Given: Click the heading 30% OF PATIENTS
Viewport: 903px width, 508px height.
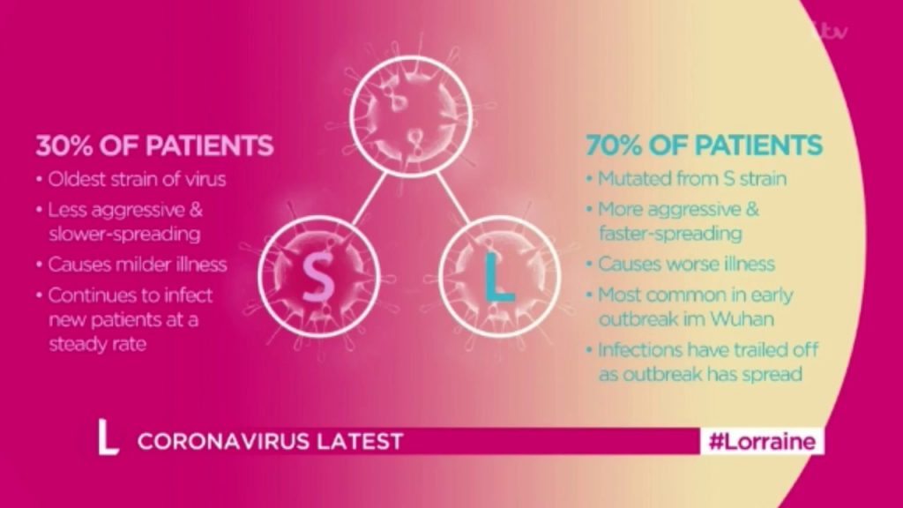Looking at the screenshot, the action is [x=154, y=146].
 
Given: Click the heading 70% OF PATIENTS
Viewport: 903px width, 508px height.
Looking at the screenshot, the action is [x=704, y=146].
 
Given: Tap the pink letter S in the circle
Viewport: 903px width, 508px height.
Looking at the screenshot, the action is [x=317, y=278].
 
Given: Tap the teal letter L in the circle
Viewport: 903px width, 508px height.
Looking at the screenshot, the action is [x=498, y=278].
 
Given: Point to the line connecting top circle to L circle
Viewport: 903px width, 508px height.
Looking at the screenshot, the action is [x=453, y=197].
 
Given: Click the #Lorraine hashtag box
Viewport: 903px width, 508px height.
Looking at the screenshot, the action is [x=762, y=441].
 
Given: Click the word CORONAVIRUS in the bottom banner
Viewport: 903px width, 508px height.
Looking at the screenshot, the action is [x=222, y=441].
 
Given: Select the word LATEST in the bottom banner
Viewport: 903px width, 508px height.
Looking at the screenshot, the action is [x=360, y=441].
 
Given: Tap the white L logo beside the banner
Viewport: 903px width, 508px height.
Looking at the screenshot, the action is [x=107, y=437].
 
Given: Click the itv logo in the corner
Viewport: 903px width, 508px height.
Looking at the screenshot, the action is [x=830, y=30].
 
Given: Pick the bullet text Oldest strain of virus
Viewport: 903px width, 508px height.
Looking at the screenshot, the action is [x=137, y=179].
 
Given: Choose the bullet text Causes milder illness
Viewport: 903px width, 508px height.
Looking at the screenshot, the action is [x=137, y=265].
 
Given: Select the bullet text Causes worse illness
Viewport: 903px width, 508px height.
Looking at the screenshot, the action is [x=686, y=264].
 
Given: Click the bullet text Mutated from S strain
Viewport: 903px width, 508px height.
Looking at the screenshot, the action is [x=692, y=178].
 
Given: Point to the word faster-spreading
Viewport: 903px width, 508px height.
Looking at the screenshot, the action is [x=670, y=233].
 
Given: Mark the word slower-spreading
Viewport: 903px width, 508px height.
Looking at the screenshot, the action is [x=124, y=234].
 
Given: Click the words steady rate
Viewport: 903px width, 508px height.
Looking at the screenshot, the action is [x=97, y=345].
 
